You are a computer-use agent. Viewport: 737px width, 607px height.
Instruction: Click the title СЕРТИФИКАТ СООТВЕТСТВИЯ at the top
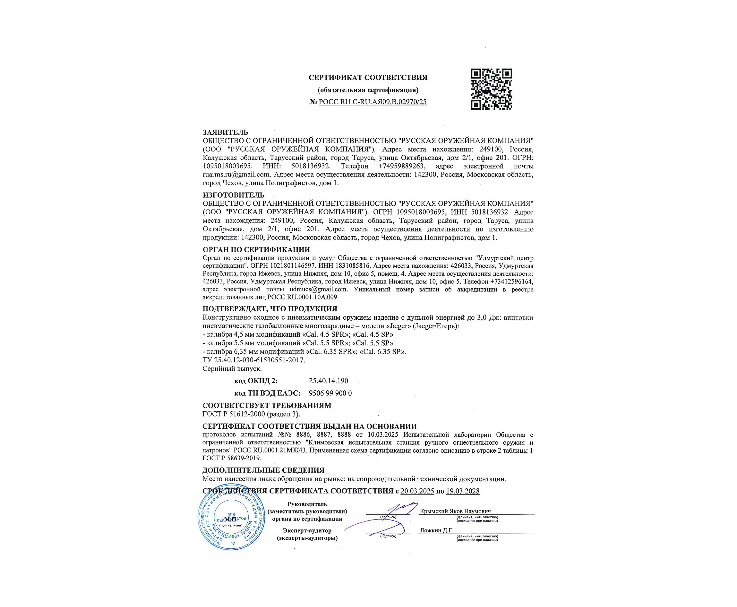[x=368, y=78]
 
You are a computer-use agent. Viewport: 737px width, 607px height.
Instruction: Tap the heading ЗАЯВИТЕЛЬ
[x=225, y=132]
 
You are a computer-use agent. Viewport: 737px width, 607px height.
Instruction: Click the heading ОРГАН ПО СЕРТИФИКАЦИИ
[x=256, y=250]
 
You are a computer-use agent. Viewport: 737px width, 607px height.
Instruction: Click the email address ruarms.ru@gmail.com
[x=236, y=174]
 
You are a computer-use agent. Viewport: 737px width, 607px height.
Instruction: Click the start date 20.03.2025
[x=417, y=491]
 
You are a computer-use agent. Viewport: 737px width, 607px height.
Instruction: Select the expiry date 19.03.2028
[x=462, y=491]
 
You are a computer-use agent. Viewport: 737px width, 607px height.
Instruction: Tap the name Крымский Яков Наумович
[x=455, y=511]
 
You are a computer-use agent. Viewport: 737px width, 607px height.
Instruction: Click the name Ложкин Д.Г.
[x=436, y=530]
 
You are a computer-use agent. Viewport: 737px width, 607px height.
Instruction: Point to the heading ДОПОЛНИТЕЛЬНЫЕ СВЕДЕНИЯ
[x=263, y=470]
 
